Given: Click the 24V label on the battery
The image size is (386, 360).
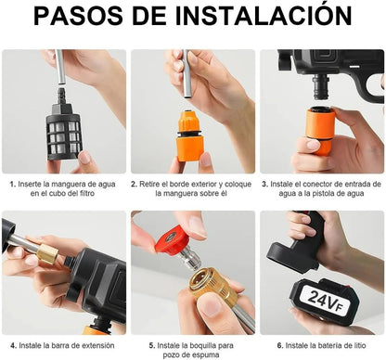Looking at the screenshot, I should pos(321,300).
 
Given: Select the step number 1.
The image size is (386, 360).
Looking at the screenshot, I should pos(12,185).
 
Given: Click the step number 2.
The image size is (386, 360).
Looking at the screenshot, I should pos(134,185).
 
